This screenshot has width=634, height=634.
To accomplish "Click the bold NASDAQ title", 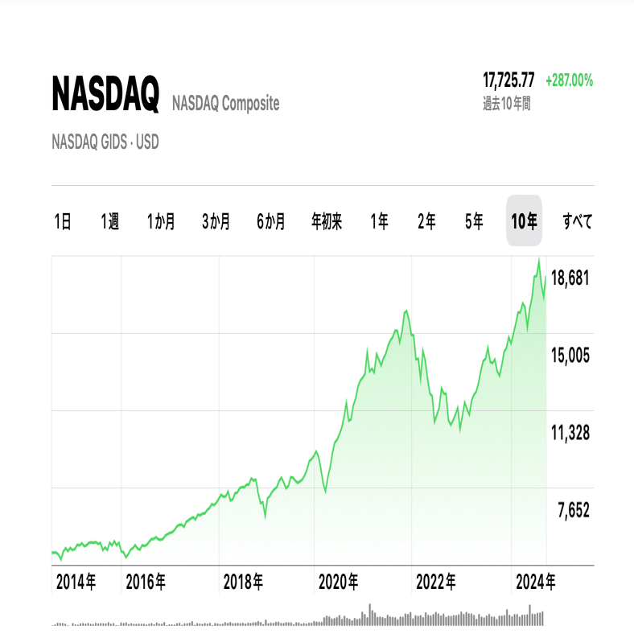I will click(105, 95).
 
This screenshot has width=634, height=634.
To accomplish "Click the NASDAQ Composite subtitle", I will click(225, 103).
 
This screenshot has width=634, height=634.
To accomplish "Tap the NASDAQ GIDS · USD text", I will click(105, 142).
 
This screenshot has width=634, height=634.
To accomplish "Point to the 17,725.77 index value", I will click(508, 80).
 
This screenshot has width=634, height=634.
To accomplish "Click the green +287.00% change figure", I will click(569, 80).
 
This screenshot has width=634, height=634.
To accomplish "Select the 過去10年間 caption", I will click(506, 104).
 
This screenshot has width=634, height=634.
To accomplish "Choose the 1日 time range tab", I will click(63, 221).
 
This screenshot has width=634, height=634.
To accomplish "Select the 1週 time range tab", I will click(110, 221).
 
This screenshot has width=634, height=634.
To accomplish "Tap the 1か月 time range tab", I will click(161, 221).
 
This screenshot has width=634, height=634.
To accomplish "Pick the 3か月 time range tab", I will click(216, 221).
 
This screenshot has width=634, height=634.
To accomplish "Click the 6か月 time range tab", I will click(271, 221).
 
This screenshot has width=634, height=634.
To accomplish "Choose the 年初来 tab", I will click(327, 221).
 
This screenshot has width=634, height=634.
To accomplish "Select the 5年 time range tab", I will click(475, 221).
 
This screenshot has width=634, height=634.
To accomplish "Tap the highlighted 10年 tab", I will click(525, 221).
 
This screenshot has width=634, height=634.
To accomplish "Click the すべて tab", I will click(578, 221).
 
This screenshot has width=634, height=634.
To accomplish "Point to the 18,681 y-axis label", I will click(570, 278).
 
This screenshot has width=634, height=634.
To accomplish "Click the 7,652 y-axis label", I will click(570, 509).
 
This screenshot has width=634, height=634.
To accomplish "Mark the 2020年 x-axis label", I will click(339, 581).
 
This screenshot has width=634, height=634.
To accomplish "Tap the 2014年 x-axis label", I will click(76, 581).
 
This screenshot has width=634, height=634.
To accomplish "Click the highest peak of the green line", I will click(538, 258).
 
